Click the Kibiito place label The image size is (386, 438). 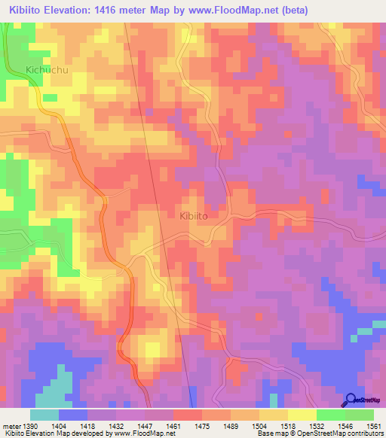[x=195, y=215]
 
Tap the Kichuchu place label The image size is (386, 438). [x=47, y=70]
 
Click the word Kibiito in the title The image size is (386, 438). [x=26, y=10]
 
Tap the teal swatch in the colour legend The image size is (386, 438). [x=44, y=415]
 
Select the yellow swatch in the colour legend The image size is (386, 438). [x=302, y=415]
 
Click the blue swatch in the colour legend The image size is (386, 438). [x=73, y=415]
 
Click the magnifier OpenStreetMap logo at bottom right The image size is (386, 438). [x=351, y=400]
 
